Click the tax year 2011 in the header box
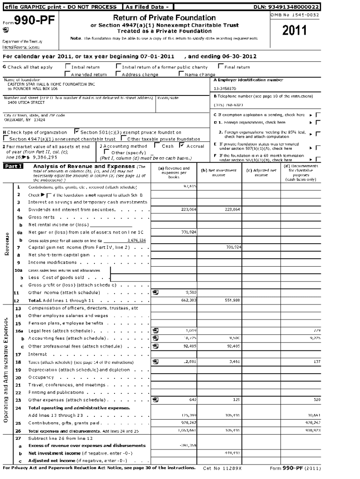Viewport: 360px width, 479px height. tap(295, 30)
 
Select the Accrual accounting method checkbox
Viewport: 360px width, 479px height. tap(181, 146)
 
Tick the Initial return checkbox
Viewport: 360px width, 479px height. tap(68, 67)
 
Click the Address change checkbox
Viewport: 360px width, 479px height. tap(118, 74)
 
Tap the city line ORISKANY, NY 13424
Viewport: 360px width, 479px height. tap(25, 119)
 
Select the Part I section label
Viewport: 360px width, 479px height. tap(14, 167)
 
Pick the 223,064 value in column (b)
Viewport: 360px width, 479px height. tap(232, 210)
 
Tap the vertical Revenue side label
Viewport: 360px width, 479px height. tap(7, 243)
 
